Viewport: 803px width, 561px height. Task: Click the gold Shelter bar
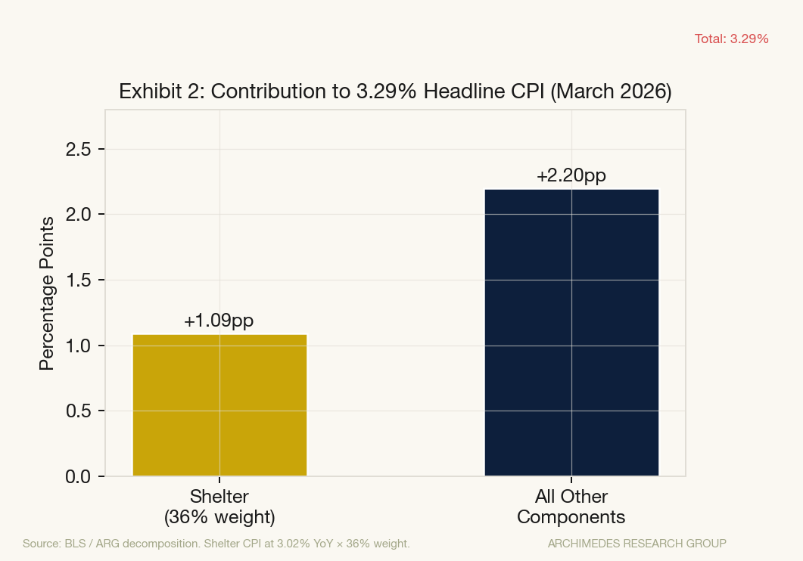click(219, 405)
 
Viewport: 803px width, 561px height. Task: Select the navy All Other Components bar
click(571, 333)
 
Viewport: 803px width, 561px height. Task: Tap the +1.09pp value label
click(219, 321)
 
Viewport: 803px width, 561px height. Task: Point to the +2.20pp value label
click(571, 175)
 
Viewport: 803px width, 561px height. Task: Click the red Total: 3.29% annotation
click(731, 39)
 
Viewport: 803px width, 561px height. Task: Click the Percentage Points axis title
click(47, 293)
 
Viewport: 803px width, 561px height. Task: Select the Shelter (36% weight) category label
click(219, 507)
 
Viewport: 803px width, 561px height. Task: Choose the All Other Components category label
click(571, 507)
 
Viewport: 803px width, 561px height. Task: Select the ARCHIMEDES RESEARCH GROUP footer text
click(636, 543)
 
